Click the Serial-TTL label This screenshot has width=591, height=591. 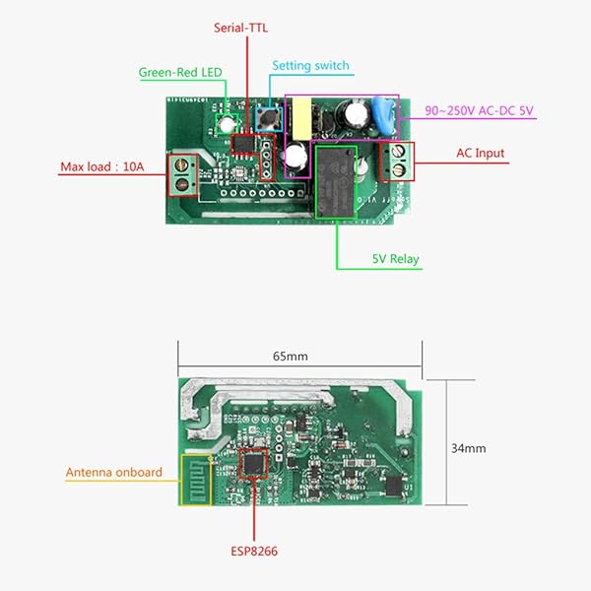click(x=242, y=28)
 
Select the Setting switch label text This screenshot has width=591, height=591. click(x=310, y=66)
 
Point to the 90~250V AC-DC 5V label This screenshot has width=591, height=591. click(x=479, y=110)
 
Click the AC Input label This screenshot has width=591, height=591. click(x=480, y=154)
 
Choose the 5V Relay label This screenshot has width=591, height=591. click(x=395, y=260)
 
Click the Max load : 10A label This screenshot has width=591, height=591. click(x=102, y=166)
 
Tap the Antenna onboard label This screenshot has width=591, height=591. click(x=114, y=472)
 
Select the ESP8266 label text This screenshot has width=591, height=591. click(x=253, y=551)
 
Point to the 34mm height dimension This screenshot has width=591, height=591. click(x=468, y=448)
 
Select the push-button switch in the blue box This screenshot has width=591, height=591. click(x=267, y=119)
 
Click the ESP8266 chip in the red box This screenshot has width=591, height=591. click(x=254, y=462)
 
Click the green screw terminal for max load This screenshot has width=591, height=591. click(x=181, y=173)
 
